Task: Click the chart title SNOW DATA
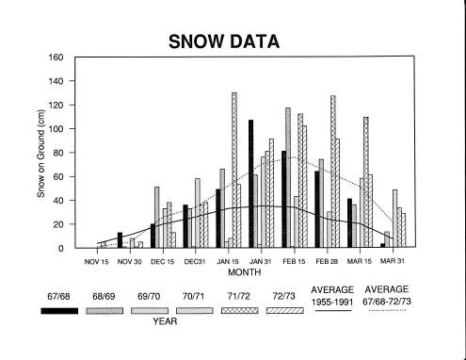pyautogui.click(x=224, y=41)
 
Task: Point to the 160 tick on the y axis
pyautogui.click(x=56, y=57)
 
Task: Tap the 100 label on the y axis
pyautogui.click(x=56, y=129)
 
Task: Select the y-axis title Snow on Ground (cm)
pyautogui.click(x=40, y=154)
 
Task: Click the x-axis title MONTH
pyautogui.click(x=244, y=272)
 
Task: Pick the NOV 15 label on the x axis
pyautogui.click(x=96, y=261)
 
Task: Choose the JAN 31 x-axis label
pyautogui.click(x=260, y=261)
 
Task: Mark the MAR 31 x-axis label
pyautogui.click(x=393, y=261)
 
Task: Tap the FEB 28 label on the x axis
pyautogui.click(x=327, y=261)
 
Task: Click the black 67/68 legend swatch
pyautogui.click(x=59, y=311)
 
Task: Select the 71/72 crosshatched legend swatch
pyautogui.click(x=239, y=311)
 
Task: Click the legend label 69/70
pyautogui.click(x=149, y=296)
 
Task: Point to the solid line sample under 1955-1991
pyautogui.click(x=333, y=311)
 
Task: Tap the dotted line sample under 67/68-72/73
pyautogui.click(x=387, y=310)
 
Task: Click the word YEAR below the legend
pyautogui.click(x=165, y=321)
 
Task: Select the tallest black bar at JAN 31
pyautogui.click(x=250, y=184)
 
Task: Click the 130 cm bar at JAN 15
pyautogui.click(x=234, y=170)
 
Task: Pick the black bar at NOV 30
pyautogui.click(x=120, y=240)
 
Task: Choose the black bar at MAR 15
pyautogui.click(x=349, y=223)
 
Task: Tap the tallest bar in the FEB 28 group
pyautogui.click(x=333, y=172)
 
